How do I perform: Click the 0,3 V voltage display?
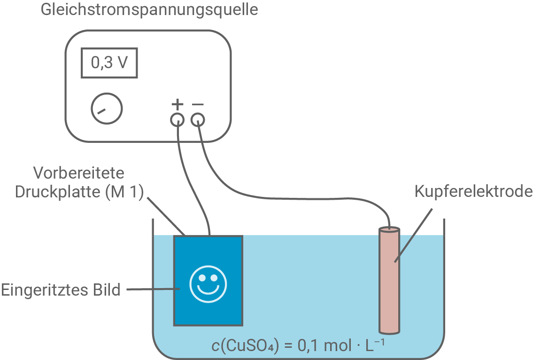(109, 62)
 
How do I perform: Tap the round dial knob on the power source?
(107, 109)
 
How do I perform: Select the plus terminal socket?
(177, 120)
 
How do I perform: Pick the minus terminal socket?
(198, 120)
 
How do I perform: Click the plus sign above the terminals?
(177, 103)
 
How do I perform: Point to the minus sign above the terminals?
(198, 103)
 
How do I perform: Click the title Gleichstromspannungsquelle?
(149, 10)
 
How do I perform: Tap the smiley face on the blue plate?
(208, 283)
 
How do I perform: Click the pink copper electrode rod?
(389, 282)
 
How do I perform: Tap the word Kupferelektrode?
(473, 192)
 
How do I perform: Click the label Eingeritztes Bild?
(61, 290)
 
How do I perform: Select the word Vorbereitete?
(79, 173)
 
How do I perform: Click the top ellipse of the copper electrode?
(389, 230)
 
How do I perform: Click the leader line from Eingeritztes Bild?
(150, 289)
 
